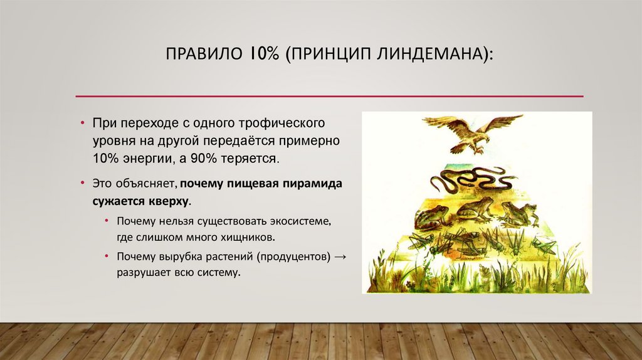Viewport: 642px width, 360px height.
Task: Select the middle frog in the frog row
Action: [x=475, y=209]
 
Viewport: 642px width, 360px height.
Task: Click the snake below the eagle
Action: [x=470, y=180]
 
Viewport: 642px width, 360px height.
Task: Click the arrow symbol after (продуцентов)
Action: [x=340, y=257]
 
